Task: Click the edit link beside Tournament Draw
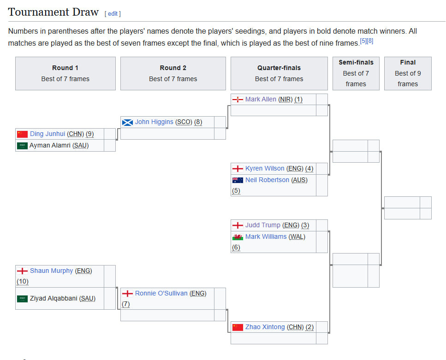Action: tap(113, 14)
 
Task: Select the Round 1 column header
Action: tap(65, 73)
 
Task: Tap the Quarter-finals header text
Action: tap(279, 68)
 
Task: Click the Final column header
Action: tap(408, 73)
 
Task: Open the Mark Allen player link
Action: tap(261, 99)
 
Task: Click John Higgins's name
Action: tap(154, 122)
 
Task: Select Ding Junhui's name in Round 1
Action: tap(48, 134)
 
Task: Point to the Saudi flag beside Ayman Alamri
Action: tap(22, 146)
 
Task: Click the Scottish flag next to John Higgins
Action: tap(127, 122)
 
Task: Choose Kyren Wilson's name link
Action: tap(265, 168)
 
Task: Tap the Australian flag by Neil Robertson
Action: tap(238, 180)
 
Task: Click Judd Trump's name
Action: tap(263, 225)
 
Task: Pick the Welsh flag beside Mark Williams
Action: tap(238, 237)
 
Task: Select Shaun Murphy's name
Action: tap(52, 271)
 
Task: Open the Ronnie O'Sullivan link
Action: tap(161, 293)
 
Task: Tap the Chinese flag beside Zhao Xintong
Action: tap(238, 327)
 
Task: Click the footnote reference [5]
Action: tap(363, 41)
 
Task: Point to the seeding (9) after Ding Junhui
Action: tap(90, 134)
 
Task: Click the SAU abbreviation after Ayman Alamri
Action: tap(81, 146)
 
